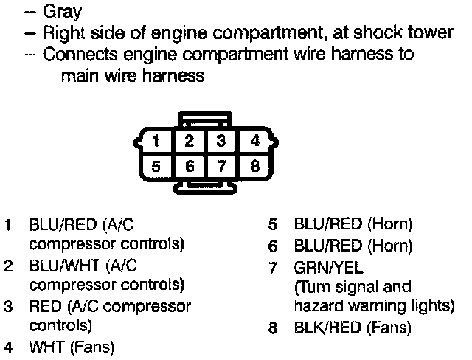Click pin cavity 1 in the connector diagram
(156, 140)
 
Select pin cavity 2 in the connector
(190, 140)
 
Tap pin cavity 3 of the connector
(221, 140)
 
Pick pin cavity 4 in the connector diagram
(254, 140)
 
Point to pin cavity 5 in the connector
(156, 166)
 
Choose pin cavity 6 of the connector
(190, 166)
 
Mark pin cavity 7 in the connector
(221, 166)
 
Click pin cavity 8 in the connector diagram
(254, 166)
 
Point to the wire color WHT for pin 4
(45, 346)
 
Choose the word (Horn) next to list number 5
(389, 224)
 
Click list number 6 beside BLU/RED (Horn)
(273, 246)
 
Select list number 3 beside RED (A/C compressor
(8, 305)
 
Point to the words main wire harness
(131, 76)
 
